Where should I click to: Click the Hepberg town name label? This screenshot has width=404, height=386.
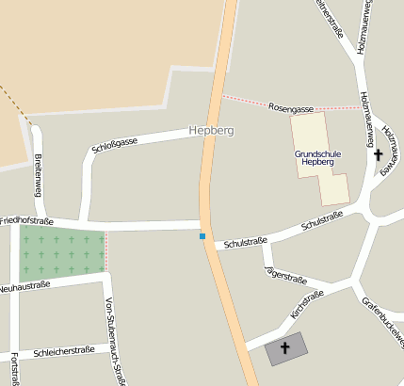[x=210, y=130]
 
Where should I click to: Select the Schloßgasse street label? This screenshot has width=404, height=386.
[x=115, y=144]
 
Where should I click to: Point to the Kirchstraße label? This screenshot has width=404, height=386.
[x=308, y=303]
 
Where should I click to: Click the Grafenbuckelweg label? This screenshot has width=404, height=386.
[x=383, y=322]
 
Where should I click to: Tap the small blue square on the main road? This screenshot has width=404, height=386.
[x=202, y=235]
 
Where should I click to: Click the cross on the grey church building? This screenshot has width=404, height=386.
[x=285, y=347]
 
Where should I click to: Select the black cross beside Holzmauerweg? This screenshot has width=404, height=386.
[x=379, y=154]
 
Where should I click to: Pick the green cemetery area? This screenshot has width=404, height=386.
[x=62, y=250]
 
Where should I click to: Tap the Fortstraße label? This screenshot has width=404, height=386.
[x=14, y=369]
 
